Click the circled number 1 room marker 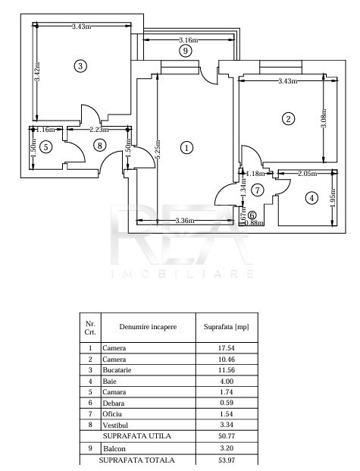tap(186, 148)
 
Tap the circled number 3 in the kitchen tap(80, 66)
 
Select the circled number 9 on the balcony tap(185, 51)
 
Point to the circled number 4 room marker tap(311, 198)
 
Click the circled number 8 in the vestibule tap(100, 146)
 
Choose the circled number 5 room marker tap(45, 147)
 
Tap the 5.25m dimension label tap(158, 149)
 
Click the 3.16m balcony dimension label tap(188, 39)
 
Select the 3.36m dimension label tap(185, 221)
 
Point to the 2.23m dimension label tap(99, 130)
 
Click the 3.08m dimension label tap(324, 118)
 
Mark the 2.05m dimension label tap(307, 174)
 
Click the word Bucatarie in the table tap(117, 370)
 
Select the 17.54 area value tap(227, 348)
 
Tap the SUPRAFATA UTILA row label tap(136, 436)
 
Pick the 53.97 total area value tap(227, 460)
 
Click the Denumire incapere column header tap(148, 327)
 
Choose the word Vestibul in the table tap(115, 425)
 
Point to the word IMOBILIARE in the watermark tap(183, 274)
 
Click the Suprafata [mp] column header tap(227, 327)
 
